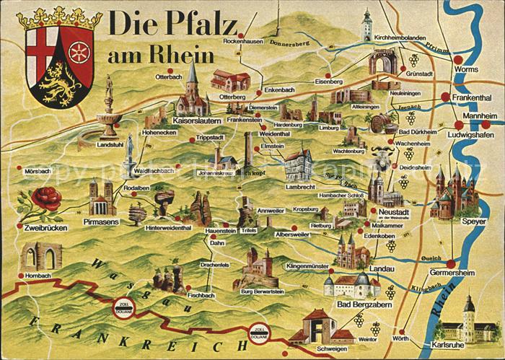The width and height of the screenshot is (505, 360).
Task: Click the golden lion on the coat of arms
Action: [57, 83]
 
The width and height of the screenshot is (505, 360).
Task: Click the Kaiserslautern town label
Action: [196, 121]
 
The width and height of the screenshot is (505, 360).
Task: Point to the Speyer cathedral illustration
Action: [454, 193]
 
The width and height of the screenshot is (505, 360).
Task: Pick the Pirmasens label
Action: [100, 222]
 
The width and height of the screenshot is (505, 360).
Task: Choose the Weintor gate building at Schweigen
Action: [317, 326]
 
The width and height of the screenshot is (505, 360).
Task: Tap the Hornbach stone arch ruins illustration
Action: [40, 256]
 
